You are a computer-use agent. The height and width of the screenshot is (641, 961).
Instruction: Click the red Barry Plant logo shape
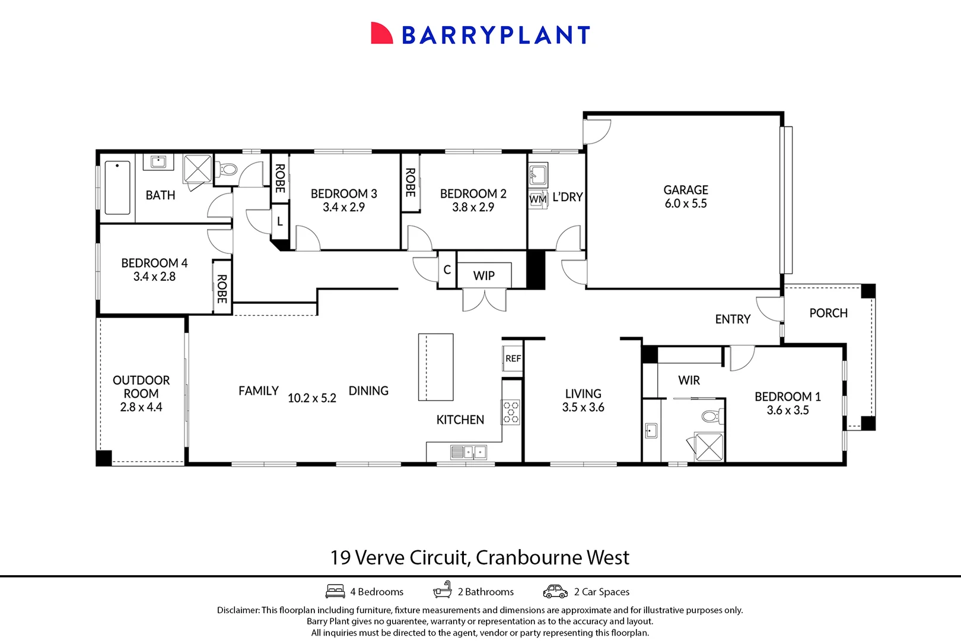[x=381, y=34]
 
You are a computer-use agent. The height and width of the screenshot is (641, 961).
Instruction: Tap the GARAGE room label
[x=685, y=190]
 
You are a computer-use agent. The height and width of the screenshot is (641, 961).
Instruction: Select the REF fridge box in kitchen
[x=513, y=358]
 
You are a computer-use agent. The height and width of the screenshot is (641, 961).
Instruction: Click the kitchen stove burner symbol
[x=511, y=412]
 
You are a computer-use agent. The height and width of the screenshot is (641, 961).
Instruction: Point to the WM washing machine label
[x=537, y=199]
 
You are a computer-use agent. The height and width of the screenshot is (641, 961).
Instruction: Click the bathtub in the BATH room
[x=117, y=188]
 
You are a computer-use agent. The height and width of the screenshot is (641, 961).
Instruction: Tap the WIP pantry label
[x=483, y=276]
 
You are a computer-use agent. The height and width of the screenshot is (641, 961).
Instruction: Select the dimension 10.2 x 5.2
[x=311, y=398]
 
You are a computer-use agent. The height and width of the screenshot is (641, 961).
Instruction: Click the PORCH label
[x=828, y=313]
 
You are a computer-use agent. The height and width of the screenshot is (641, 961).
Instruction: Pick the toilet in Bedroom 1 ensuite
[x=709, y=416]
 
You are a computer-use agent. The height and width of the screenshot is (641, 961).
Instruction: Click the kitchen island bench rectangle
[x=435, y=367]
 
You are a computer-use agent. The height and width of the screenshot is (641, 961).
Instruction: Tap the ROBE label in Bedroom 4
[x=222, y=288]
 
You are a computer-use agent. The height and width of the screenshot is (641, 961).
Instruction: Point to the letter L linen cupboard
[x=279, y=221]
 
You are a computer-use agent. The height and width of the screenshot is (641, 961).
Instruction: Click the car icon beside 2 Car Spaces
[x=555, y=592]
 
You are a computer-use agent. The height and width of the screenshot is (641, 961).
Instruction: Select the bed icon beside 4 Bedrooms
[x=335, y=592]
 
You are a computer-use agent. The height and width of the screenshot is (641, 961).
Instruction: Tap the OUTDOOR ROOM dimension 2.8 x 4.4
[x=141, y=407]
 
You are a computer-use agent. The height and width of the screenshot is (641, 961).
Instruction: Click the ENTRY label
[x=732, y=319]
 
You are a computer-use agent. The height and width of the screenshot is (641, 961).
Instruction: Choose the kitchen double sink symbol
[x=469, y=453]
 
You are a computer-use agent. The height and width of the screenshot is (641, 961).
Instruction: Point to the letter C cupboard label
[x=447, y=270]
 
